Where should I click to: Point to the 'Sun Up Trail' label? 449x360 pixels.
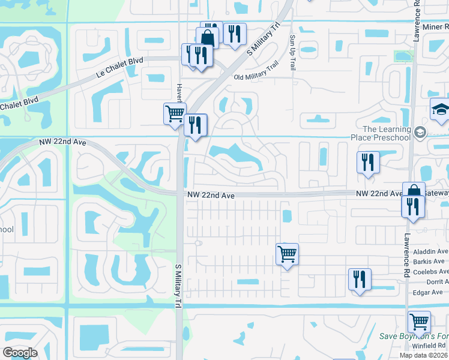293,53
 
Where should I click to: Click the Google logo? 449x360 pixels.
20,352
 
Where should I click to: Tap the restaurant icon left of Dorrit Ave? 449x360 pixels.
360,279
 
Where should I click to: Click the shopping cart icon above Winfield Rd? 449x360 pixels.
418,322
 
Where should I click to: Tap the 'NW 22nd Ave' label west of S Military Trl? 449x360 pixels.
63,142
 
